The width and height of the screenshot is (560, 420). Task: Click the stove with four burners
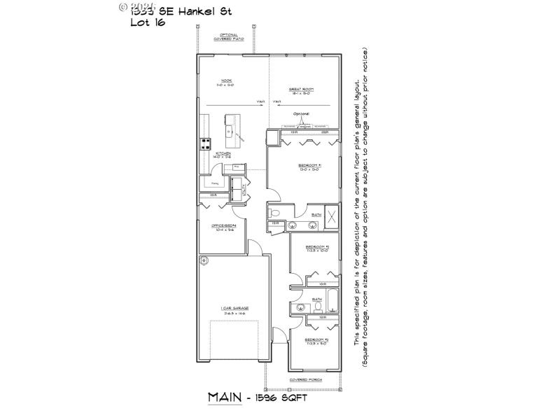[206, 144]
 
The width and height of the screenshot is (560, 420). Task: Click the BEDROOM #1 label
[309, 167]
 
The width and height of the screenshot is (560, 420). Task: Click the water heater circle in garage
[204, 261]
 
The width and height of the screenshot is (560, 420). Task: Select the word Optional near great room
[301, 113]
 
